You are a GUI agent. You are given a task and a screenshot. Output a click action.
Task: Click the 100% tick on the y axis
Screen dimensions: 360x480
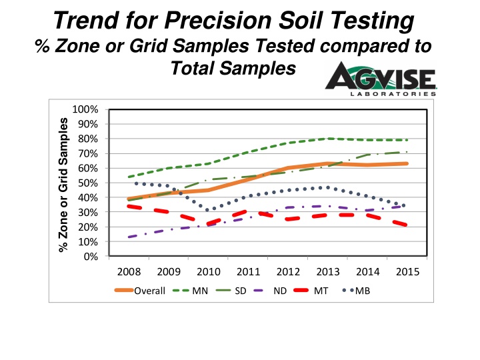pos(87,109)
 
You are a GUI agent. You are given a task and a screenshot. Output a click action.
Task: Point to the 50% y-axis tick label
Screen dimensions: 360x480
pos(89,183)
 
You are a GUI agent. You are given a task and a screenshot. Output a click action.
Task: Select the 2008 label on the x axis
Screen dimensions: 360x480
pos(129,273)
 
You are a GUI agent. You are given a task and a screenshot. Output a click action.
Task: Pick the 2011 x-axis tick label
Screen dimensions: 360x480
pos(248,273)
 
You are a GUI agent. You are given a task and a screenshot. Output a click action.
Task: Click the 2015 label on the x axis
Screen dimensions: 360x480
pos(407,273)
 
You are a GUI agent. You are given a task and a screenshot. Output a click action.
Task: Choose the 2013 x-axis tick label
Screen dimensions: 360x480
pos(328,273)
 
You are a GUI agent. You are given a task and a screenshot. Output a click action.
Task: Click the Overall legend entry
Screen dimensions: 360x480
pos(140,291)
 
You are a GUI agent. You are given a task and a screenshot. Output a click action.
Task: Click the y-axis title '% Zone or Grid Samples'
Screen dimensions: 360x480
pos(64,183)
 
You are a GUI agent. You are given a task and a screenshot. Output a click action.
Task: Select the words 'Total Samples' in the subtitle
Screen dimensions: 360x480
pos(233,68)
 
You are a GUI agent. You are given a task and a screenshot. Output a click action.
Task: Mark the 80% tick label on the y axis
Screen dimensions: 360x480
pos(89,139)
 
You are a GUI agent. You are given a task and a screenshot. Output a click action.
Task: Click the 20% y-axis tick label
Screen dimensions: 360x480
pos(89,227)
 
